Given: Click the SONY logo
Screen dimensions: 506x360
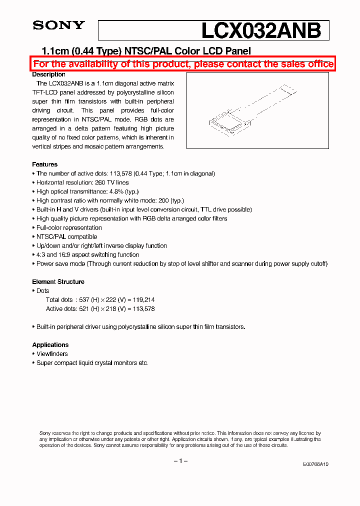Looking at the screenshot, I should (x=58, y=25).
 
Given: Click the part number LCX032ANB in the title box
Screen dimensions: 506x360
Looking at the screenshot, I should (x=260, y=30).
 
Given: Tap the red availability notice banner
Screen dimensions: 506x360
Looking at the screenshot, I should (x=183, y=64).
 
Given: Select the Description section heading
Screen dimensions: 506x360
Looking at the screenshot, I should (x=48, y=74).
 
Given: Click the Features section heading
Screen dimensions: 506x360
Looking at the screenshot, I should (x=44, y=164).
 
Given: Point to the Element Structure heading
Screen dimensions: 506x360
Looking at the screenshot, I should (x=58, y=282).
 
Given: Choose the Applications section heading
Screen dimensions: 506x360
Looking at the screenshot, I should (x=50, y=345).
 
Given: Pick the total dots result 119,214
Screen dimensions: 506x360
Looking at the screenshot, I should (x=142, y=300).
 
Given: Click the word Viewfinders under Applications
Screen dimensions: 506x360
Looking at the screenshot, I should (x=52, y=354).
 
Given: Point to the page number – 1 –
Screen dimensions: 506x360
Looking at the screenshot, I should (x=180, y=460).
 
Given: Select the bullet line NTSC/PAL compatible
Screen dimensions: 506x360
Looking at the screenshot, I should (x=66, y=237).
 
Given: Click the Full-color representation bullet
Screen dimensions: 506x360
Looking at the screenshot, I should (x=69, y=228).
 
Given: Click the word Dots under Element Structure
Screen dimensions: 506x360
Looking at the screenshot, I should (x=43, y=291).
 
